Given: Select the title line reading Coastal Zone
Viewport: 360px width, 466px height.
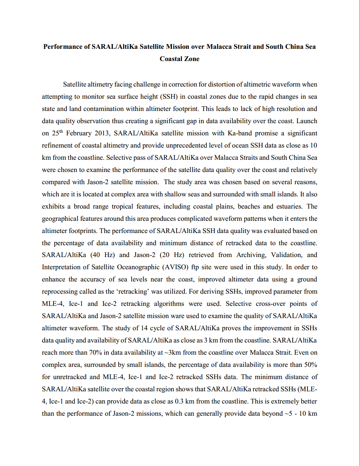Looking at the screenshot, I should tap(179, 59).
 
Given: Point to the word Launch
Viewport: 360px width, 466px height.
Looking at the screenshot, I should tap(307, 121).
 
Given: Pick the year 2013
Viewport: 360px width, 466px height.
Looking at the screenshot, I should tap(102, 133).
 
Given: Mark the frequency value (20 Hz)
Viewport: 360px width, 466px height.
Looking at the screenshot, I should tap(171, 255).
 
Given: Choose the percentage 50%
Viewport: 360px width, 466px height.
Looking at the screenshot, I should tap(310, 365).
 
